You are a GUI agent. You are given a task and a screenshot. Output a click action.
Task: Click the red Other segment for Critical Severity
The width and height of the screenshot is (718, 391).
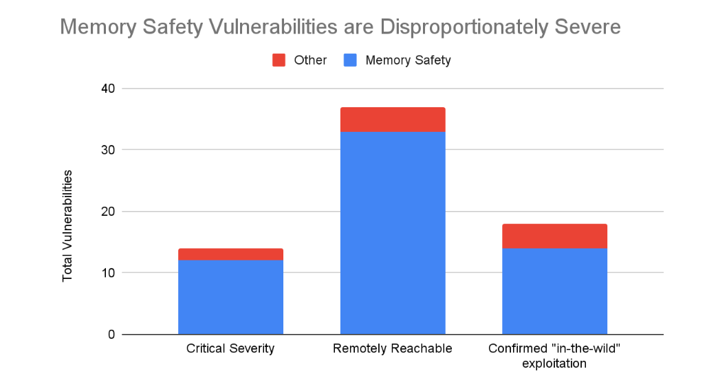(x=230, y=254)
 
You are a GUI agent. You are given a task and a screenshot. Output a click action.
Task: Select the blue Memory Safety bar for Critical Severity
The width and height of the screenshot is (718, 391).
(x=230, y=297)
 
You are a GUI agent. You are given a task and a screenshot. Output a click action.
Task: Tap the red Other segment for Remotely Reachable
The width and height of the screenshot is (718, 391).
(x=393, y=120)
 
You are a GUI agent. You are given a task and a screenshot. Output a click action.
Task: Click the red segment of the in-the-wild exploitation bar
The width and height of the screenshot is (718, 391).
(x=554, y=236)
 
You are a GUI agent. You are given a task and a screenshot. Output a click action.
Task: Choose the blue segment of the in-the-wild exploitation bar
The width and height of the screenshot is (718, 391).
(x=554, y=291)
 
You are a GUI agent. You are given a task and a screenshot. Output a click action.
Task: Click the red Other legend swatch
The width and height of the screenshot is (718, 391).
(x=279, y=60)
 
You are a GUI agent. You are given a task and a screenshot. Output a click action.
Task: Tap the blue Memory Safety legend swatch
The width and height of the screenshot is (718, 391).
(x=350, y=60)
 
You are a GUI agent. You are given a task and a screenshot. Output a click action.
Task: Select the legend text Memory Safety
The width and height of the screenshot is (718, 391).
(x=408, y=60)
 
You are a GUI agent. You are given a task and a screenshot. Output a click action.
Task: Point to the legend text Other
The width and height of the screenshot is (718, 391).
(x=310, y=60)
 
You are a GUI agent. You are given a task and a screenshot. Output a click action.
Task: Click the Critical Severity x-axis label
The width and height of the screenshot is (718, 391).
(x=230, y=349)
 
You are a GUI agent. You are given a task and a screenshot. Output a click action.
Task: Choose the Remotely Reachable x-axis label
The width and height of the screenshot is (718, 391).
(x=393, y=349)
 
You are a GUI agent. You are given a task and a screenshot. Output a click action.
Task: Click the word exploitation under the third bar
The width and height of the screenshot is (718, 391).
(x=554, y=364)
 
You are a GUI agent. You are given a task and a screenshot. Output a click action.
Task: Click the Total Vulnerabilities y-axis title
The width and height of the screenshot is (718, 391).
(x=67, y=225)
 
